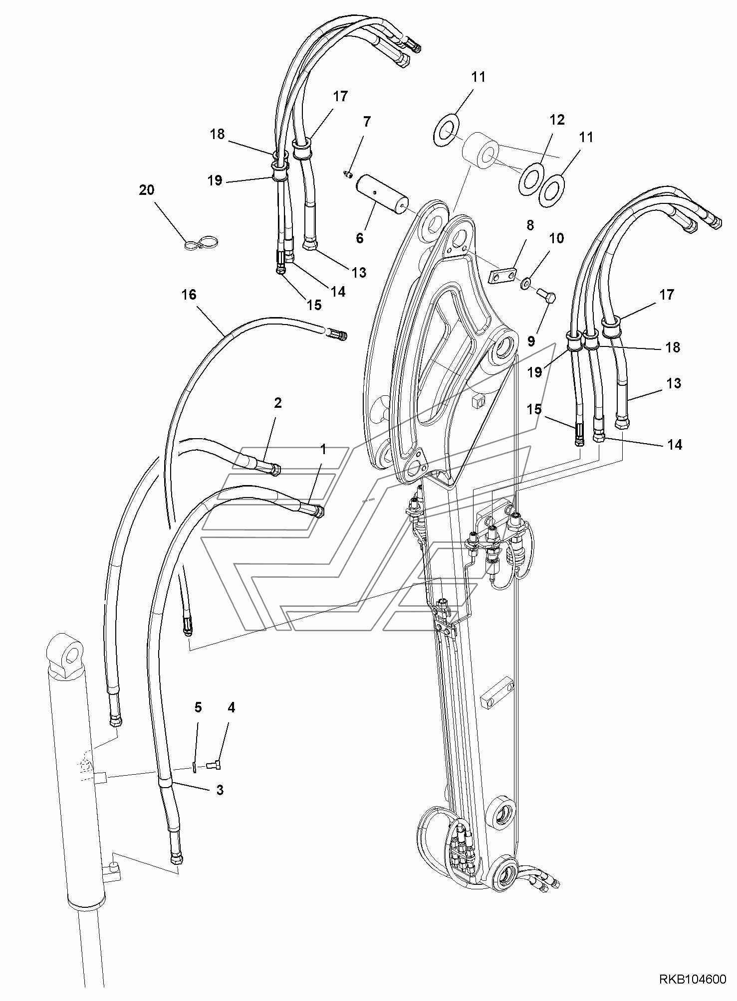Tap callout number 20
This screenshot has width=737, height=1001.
pyautogui.click(x=147, y=190)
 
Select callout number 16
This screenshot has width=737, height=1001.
pyautogui.click(x=189, y=295)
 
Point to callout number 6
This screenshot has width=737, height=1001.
pyautogui.click(x=360, y=238)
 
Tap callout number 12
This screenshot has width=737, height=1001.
pyautogui.click(x=557, y=120)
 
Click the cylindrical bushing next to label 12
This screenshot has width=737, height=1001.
pyautogui.click(x=480, y=149)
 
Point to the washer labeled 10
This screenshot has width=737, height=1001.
pyautogui.click(x=525, y=284)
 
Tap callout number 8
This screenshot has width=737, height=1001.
pyautogui.click(x=530, y=225)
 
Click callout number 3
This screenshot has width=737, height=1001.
pyautogui.click(x=220, y=790)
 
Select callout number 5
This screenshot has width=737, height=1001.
pyautogui.click(x=198, y=707)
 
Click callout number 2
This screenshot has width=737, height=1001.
pyautogui.click(x=278, y=402)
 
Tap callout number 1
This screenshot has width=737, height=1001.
pyautogui.click(x=323, y=449)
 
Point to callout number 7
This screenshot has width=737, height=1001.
pyautogui.click(x=367, y=121)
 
